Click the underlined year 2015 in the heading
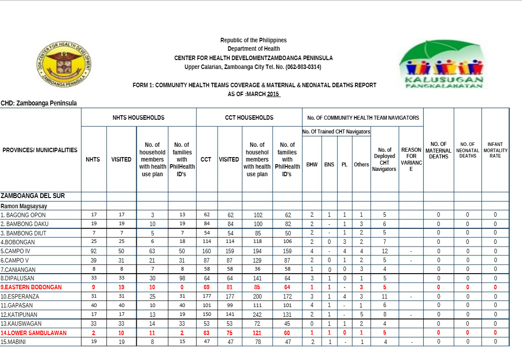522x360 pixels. [273, 94]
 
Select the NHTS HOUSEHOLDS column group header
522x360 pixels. [138, 118]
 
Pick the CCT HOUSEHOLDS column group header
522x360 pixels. [249, 118]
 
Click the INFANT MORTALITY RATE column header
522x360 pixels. [495, 150]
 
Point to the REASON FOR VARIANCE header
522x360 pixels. [411, 159]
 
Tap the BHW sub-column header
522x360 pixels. [312, 165]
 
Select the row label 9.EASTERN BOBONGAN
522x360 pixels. [31, 287]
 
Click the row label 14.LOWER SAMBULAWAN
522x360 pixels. [34, 333]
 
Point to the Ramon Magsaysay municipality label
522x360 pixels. [24, 206]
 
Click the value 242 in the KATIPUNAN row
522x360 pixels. [257, 315]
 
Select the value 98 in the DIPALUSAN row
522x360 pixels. [182, 279]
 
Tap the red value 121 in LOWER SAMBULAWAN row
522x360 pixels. [257, 333]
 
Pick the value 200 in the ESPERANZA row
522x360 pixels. [257, 296]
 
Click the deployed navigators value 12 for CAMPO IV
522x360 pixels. [384, 251]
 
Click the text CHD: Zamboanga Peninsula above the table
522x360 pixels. [39, 103]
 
